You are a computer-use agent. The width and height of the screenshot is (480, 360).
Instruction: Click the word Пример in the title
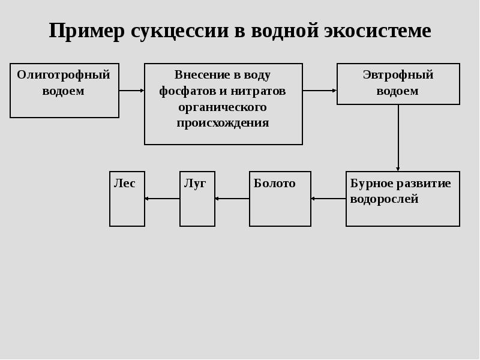tap(86, 31)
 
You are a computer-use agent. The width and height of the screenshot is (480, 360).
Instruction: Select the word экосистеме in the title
tap(377, 31)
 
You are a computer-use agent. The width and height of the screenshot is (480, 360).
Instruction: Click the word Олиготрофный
tap(64, 75)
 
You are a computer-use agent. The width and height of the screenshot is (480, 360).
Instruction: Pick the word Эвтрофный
tap(398, 75)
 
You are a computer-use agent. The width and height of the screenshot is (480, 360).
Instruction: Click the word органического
tap(223, 107)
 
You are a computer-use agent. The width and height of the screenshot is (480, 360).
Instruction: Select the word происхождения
tap(223, 123)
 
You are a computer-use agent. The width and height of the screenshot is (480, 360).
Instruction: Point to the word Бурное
tap(371, 184)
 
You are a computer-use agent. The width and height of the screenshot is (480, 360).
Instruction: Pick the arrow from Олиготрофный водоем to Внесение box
tap(131, 91)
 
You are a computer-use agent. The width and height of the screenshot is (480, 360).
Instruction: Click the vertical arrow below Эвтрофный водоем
tap(398, 138)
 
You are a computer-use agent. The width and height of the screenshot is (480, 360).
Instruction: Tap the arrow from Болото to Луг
tap(232, 199)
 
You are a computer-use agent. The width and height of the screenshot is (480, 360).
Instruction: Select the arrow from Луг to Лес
tap(162, 199)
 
